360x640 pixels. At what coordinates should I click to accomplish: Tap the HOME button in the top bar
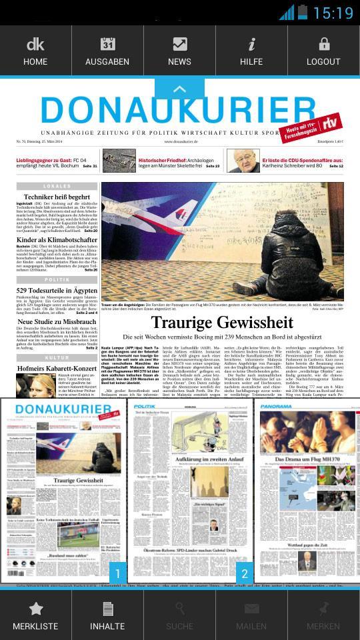[x=35, y=51]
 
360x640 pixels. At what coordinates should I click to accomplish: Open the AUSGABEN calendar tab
[x=107, y=51]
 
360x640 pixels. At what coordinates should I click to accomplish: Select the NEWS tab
[x=179, y=51]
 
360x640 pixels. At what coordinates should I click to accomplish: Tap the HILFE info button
[x=251, y=51]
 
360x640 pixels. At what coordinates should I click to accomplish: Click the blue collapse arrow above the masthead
[x=179, y=88]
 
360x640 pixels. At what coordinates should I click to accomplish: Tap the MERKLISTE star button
[x=35, y=617]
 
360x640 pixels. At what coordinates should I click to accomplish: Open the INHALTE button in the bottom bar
[x=107, y=617]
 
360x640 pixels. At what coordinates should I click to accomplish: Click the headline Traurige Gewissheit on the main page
[x=222, y=323]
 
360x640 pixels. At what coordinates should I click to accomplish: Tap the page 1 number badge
[x=117, y=573]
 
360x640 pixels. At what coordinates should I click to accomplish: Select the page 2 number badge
[x=245, y=573]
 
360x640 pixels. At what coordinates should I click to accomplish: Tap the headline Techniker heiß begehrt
[x=57, y=197]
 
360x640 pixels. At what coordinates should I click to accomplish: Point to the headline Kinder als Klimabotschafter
[x=57, y=240]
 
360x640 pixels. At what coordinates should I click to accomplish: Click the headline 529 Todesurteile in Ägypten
[x=57, y=291]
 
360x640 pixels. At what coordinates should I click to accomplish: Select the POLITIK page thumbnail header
[x=145, y=406]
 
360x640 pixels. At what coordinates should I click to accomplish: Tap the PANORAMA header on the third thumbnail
[x=276, y=406]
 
